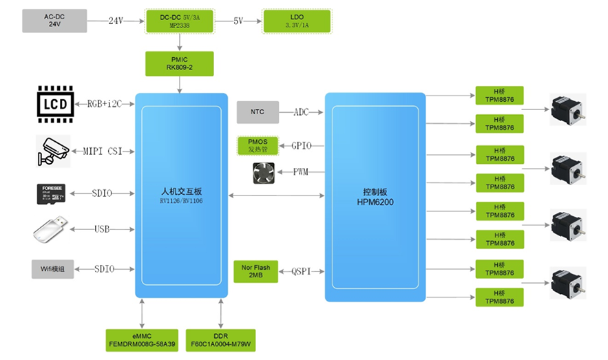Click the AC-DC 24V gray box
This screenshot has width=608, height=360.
pyautogui.click(x=54, y=21)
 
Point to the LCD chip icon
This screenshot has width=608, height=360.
pyautogui.click(x=55, y=104)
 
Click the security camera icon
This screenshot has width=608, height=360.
pyautogui.click(x=53, y=151)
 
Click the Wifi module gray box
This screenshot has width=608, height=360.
pyautogui.click(x=52, y=269)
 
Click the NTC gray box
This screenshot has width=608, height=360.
pyautogui.click(x=258, y=112)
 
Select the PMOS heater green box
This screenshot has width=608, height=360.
pyautogui.click(x=258, y=145)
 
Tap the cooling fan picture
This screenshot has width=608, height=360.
pyautogui.click(x=262, y=172)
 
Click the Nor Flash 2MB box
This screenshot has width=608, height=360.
pyautogui.click(x=258, y=271)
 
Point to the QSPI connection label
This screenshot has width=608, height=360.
pyautogui.click(x=303, y=271)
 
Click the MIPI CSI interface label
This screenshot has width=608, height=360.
pyautogui.click(x=102, y=151)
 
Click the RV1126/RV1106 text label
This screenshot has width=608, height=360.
pyautogui.click(x=180, y=201)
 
